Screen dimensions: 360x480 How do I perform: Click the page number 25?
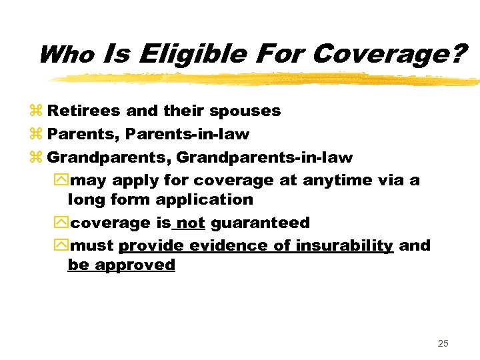click(x=443, y=343)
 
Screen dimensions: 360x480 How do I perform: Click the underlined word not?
click(x=191, y=222)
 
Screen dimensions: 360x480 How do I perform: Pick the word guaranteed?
click(x=261, y=223)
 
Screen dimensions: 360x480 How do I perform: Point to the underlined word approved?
click(x=135, y=265)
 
